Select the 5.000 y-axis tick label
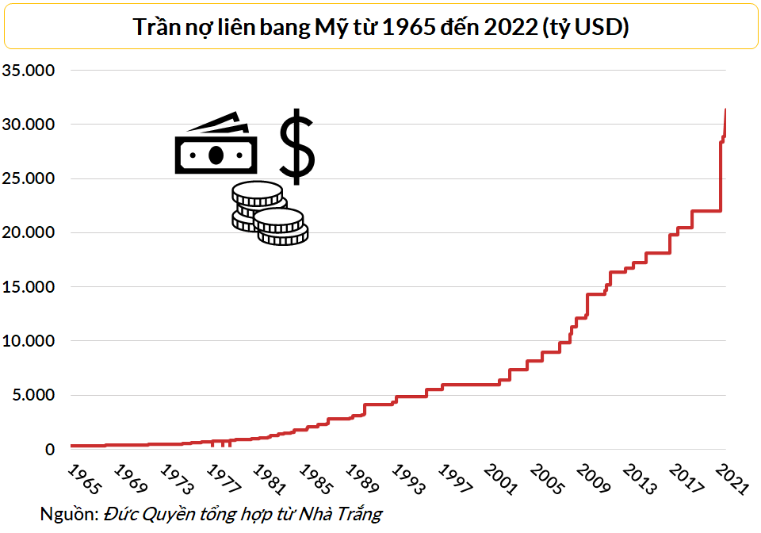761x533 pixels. pyautogui.click(x=34, y=395)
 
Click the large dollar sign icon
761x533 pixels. pyautogui.click(x=297, y=146)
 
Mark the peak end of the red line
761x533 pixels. pyautogui.click(x=725, y=109)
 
